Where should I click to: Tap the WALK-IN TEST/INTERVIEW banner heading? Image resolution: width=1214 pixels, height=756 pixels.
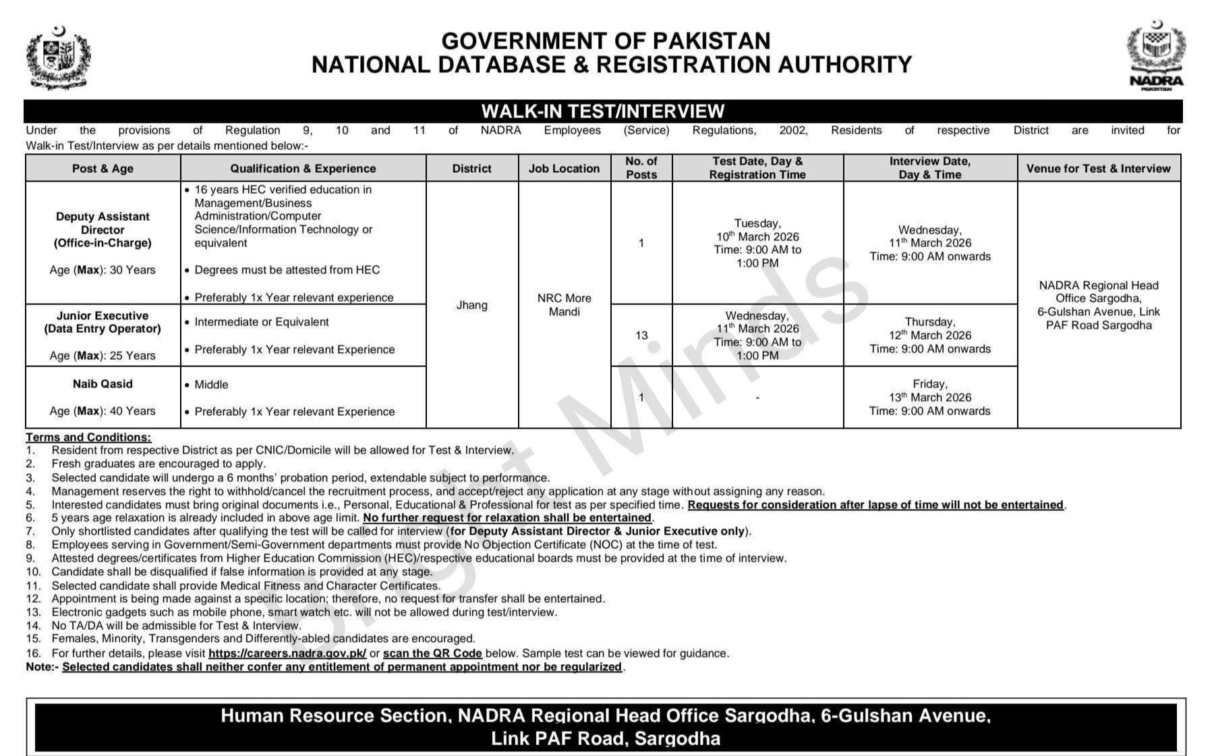(603, 111)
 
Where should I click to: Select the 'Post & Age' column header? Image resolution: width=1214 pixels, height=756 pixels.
(103, 169)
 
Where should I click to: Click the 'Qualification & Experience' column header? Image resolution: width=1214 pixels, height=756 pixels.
(303, 169)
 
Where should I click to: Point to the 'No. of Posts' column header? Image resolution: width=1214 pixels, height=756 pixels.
(641, 168)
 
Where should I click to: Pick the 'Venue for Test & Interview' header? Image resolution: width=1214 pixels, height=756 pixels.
(1098, 169)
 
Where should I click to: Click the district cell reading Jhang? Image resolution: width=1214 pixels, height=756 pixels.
(471, 305)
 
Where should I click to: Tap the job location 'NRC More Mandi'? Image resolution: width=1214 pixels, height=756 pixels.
(564, 305)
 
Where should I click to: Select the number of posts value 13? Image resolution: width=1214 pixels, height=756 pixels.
(641, 335)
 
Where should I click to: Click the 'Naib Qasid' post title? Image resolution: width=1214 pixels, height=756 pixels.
(103, 384)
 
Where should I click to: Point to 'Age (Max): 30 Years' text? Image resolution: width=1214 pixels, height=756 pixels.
(103, 270)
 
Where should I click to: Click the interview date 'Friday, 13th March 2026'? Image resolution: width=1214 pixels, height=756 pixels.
(929, 391)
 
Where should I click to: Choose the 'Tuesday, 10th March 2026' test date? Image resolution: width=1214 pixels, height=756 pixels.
(757, 230)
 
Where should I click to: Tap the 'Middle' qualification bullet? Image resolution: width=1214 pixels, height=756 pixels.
(211, 385)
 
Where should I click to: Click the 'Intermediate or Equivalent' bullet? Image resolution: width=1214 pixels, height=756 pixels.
(261, 322)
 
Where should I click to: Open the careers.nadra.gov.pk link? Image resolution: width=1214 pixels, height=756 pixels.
(287, 653)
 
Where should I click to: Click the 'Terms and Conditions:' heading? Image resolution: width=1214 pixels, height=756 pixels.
(88, 437)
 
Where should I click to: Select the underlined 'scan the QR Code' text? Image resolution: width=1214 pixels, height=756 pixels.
(432, 653)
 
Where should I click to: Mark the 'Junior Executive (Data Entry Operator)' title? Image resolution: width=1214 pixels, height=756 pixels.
(103, 323)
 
